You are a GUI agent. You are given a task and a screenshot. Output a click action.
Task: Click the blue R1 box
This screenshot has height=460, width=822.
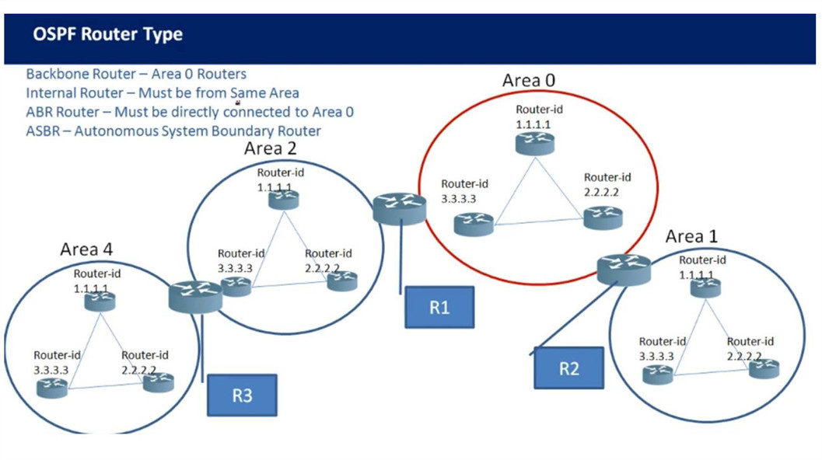[439, 307]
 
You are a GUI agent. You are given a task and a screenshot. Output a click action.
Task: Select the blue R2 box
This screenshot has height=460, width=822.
[568, 368]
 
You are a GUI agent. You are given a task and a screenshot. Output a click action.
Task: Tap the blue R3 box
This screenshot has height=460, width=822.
[242, 395]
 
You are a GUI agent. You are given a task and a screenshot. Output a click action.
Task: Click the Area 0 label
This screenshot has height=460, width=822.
[529, 80]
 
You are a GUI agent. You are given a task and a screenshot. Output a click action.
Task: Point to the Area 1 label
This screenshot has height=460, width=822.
[692, 236]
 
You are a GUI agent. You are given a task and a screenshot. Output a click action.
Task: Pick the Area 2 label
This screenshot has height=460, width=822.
[271, 148]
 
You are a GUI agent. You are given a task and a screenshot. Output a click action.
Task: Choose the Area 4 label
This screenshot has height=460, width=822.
[91, 249]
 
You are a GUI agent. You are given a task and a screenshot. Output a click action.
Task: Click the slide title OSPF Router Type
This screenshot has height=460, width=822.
[108, 35]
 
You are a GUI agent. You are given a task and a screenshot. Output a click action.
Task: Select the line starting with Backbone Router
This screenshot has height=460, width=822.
[136, 74]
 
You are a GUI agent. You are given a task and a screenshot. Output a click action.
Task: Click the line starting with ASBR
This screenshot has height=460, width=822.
[173, 131]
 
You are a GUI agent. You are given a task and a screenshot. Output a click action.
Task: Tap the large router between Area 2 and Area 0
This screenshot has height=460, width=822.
[400, 209]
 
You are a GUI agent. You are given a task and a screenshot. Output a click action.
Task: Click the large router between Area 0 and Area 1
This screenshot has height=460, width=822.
[624, 268]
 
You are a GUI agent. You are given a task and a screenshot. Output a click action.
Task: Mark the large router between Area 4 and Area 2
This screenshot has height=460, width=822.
[194, 294]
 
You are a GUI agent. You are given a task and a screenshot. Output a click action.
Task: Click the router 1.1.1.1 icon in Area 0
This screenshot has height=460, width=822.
[535, 143]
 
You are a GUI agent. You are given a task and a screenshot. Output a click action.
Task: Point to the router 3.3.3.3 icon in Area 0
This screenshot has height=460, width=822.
[474, 224]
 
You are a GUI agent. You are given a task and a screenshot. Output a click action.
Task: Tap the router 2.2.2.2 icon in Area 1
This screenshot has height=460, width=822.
[763, 368]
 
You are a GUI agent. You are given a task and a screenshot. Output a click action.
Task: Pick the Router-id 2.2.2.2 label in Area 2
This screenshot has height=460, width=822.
[328, 260]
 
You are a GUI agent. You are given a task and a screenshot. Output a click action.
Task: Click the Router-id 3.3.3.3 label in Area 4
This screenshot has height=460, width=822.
[57, 362]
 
